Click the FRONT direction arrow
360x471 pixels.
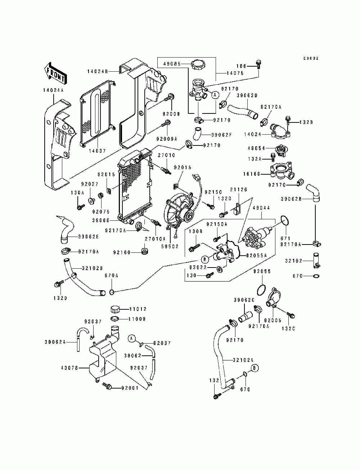tap(55, 73)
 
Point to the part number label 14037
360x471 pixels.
tap(97, 151)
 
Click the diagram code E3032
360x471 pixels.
tap(311, 58)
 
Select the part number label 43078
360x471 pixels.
tap(70, 368)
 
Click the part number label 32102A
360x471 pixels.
tap(243, 360)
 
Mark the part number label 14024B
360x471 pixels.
tap(98, 71)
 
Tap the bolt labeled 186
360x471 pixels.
tap(258, 64)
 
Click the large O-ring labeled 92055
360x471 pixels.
tap(262, 289)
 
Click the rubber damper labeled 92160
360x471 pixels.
tap(145, 251)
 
